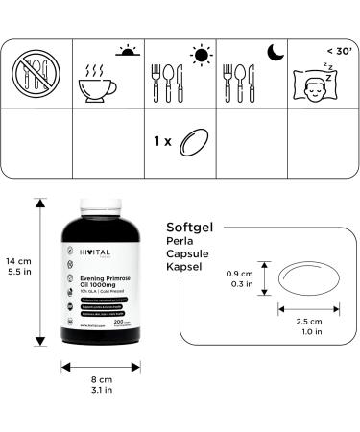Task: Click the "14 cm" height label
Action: (16, 261)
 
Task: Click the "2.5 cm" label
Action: (309, 321)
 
